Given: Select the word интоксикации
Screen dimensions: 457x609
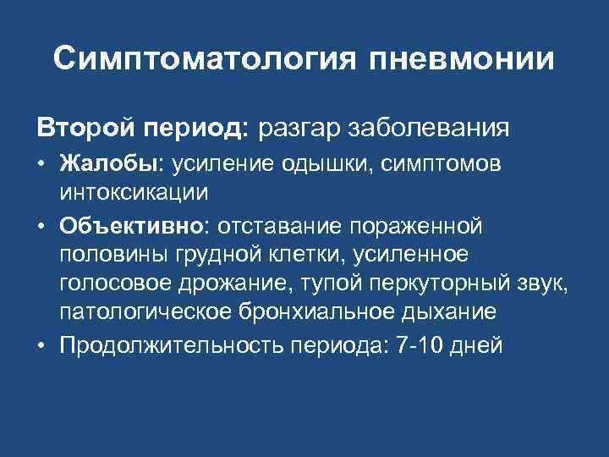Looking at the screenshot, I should point(134,192).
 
